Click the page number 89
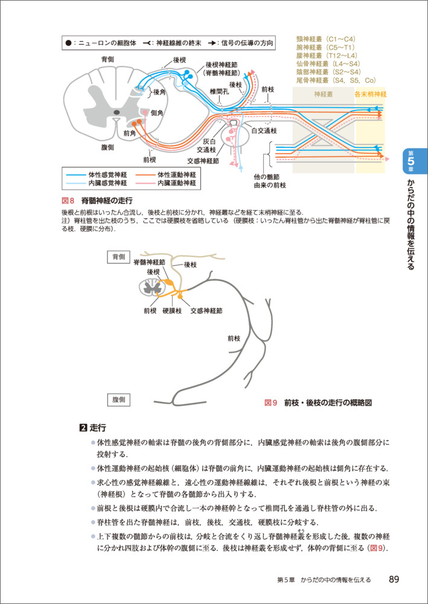[394, 579]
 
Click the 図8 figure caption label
[68, 201]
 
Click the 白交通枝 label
[263, 130]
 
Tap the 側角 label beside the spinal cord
[157, 113]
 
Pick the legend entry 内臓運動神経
[176, 182]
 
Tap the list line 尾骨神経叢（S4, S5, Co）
[336, 80]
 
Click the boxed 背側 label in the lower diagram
[119, 257]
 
